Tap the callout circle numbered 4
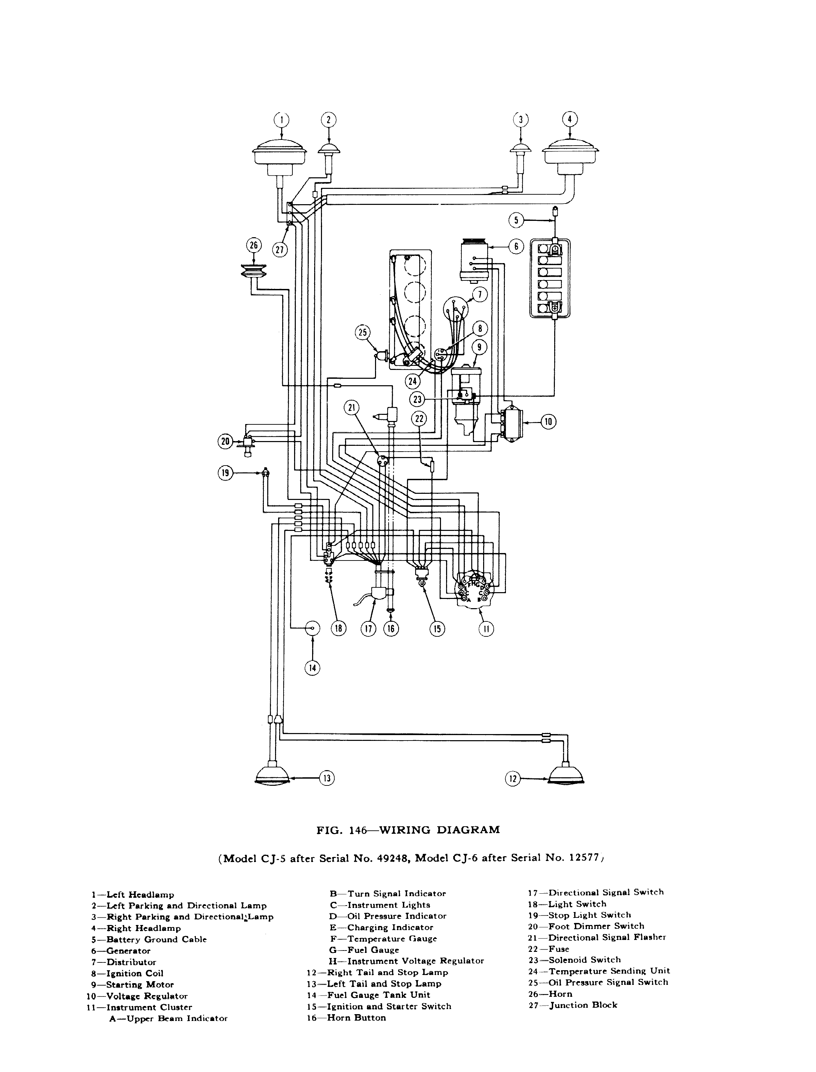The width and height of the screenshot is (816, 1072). [570, 119]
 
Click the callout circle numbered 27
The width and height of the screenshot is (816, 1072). [280, 249]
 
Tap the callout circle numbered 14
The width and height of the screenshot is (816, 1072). [312, 668]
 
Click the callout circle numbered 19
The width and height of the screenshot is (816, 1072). [225, 473]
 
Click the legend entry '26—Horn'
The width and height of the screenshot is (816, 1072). [550, 994]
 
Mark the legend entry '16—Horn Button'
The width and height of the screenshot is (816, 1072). [346, 1018]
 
